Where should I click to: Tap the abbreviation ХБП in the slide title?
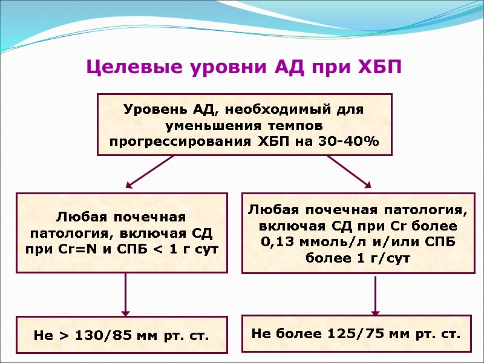[376, 67]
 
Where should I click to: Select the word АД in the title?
[283, 67]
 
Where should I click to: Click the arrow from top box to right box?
[350, 171]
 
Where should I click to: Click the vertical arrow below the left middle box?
[126, 294]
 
